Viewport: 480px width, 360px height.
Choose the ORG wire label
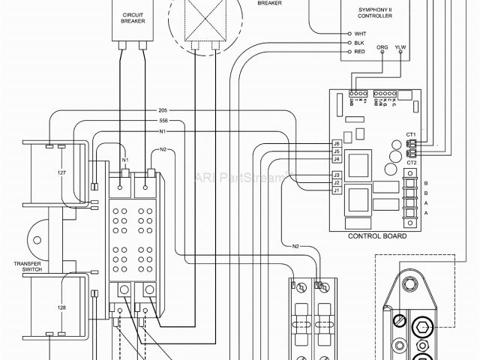coord(382,46)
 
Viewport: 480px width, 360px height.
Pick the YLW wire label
coord(400,46)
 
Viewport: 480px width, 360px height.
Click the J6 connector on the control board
coord(337,143)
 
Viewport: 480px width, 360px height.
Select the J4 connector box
coord(337,159)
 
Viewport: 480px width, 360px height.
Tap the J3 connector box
coord(337,175)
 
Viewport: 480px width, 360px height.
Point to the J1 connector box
coord(337,190)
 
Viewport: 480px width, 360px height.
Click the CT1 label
coord(411,134)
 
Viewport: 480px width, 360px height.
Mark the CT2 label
coord(411,163)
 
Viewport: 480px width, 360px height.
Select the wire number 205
coord(163,110)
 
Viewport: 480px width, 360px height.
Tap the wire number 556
coord(163,121)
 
